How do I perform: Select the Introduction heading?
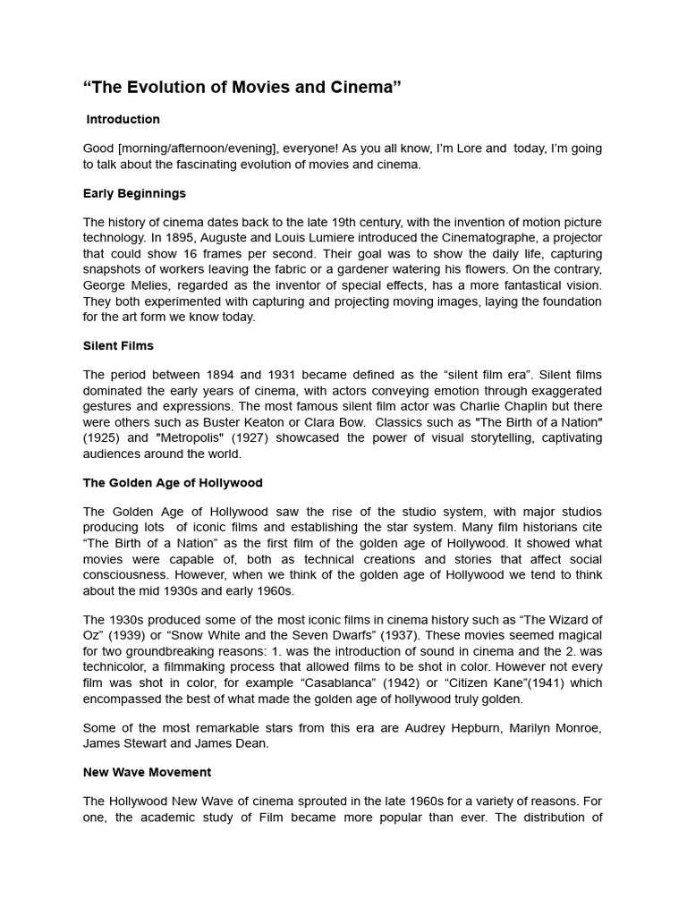pyautogui.click(x=123, y=119)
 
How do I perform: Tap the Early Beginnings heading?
pyautogui.click(x=134, y=193)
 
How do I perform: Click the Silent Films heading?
pyautogui.click(x=118, y=345)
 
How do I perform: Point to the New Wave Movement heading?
pyautogui.click(x=147, y=772)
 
